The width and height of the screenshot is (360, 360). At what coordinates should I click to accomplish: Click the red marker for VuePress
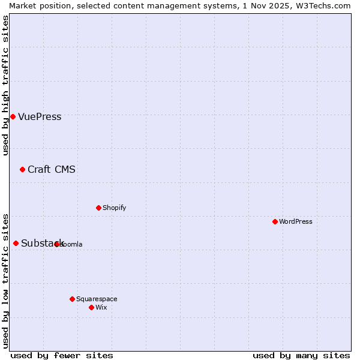(x=13, y=116)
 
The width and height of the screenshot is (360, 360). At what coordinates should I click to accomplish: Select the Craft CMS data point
(x=22, y=169)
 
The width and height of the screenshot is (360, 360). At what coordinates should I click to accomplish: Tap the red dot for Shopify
(x=98, y=208)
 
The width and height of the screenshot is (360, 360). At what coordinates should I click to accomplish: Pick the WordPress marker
(x=275, y=221)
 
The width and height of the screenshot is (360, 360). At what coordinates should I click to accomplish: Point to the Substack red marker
(x=16, y=243)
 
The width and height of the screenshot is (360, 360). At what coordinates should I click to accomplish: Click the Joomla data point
(x=56, y=244)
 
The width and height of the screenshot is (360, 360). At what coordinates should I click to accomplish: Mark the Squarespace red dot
(x=72, y=299)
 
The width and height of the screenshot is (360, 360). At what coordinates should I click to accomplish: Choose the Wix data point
(x=91, y=307)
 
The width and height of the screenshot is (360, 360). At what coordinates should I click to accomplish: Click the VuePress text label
(x=40, y=117)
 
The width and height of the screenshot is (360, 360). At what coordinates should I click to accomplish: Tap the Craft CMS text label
(x=52, y=169)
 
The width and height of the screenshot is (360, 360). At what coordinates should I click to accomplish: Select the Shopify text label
(x=114, y=208)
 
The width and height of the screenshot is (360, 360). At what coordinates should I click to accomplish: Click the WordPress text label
(x=296, y=221)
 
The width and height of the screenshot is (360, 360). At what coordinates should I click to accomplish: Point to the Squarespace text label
(x=97, y=299)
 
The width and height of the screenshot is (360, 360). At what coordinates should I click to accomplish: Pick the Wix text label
(x=101, y=307)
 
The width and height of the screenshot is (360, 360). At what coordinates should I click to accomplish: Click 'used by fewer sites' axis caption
(x=62, y=355)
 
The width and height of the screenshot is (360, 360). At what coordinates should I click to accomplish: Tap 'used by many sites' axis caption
(x=301, y=355)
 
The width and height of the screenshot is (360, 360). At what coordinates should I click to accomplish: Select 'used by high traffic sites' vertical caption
(x=6, y=85)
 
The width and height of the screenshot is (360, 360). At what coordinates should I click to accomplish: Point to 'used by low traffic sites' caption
(x=6, y=281)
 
